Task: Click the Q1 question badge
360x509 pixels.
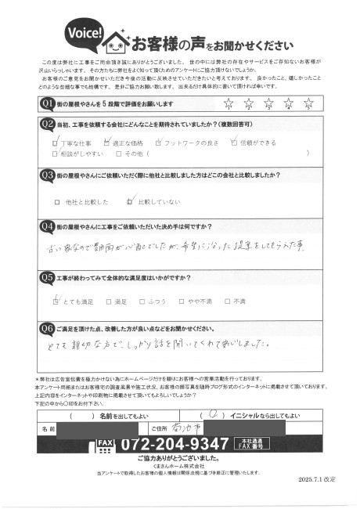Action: click(47, 103)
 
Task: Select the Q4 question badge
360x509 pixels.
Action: click(47, 226)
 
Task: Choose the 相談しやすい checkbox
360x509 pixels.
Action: click(55, 154)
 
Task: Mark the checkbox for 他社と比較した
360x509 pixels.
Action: click(59, 201)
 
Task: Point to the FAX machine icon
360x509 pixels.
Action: click(105, 445)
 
